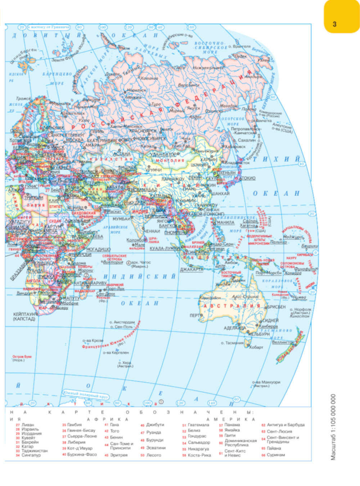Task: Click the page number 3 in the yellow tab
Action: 334,24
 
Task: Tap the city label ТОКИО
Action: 248,178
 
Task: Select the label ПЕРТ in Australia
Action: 195,315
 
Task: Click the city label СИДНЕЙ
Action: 270,320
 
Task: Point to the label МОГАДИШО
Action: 98,249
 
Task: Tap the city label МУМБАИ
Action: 121,219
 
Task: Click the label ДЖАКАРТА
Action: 192,269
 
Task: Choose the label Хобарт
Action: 256,347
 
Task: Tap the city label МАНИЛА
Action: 226,223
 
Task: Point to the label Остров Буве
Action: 22,357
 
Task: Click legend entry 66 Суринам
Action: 276,455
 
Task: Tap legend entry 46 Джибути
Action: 155,425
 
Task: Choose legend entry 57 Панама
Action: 232,425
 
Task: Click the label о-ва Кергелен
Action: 116,353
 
